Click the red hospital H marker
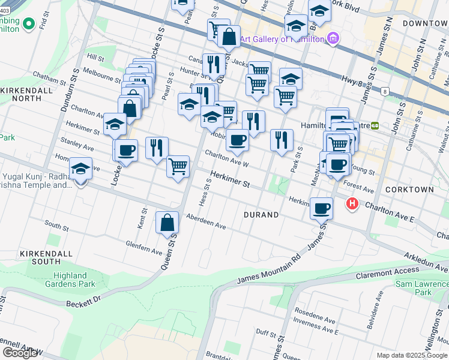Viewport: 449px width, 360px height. click(352, 205)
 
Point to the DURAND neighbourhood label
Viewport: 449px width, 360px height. click(261, 215)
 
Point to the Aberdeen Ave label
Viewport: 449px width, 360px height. click(205, 221)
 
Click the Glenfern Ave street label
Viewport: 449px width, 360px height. click(144, 247)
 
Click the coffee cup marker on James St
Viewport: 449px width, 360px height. click(321, 208)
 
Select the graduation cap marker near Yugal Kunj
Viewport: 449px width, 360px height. click(80, 169)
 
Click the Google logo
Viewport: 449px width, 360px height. click(20, 353)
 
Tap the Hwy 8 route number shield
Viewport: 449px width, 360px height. click(384, 91)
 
